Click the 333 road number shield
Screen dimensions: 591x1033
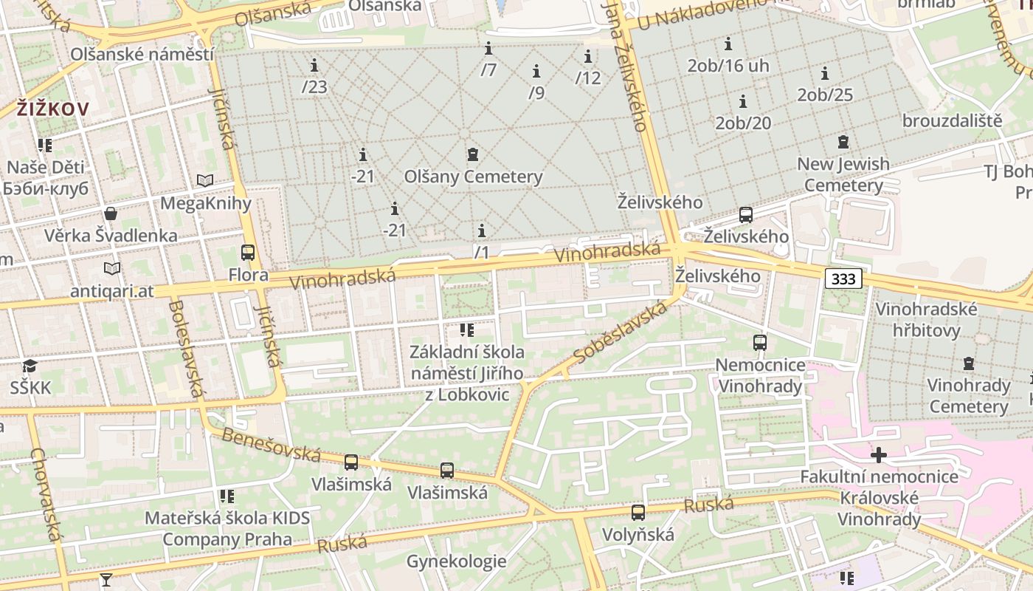[843, 279]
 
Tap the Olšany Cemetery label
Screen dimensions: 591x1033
[473, 177]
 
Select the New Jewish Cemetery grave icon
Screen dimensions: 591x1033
[843, 142]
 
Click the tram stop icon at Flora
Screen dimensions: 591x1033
[248, 253]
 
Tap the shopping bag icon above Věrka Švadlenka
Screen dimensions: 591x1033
[111, 214]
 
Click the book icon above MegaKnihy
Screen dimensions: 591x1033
[205, 180]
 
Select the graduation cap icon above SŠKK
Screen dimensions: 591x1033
[30, 366]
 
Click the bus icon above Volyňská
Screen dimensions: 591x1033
[638, 512]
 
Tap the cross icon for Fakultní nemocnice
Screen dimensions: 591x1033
[879, 454]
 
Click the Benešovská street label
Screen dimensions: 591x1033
[271, 444]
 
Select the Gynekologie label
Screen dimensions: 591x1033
[456, 562]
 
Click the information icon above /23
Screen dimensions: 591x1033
[314, 66]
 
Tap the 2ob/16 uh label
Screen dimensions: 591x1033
[728, 66]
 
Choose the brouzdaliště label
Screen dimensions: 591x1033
[952, 120]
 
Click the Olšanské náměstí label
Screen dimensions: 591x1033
[142, 55]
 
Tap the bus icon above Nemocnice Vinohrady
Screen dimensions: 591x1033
[760, 343]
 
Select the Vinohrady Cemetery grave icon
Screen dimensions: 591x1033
[969, 363]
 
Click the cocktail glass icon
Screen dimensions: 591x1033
[106, 580]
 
